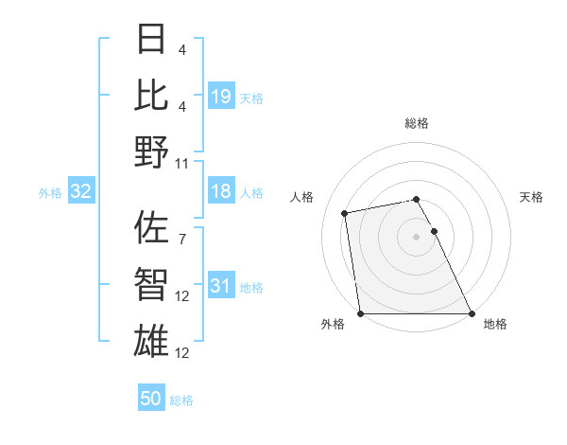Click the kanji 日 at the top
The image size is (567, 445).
[x=151, y=41]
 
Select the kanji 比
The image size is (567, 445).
[x=151, y=96]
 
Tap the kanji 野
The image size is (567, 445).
[x=151, y=151]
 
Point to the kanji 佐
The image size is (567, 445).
[x=151, y=227]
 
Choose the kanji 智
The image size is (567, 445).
[x=151, y=284]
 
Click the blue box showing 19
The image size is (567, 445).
[x=221, y=97]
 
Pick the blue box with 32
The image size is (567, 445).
[x=81, y=192]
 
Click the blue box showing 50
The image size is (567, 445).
[x=151, y=399]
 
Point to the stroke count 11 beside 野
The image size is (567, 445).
[x=182, y=164]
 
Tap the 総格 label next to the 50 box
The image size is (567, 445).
[x=181, y=400]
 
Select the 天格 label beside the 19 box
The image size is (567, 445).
[x=251, y=98]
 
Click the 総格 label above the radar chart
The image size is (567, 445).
[x=417, y=123]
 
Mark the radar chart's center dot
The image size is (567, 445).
[x=416, y=237]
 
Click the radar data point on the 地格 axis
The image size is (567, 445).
[x=471, y=313]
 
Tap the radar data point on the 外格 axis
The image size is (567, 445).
[x=361, y=313]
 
